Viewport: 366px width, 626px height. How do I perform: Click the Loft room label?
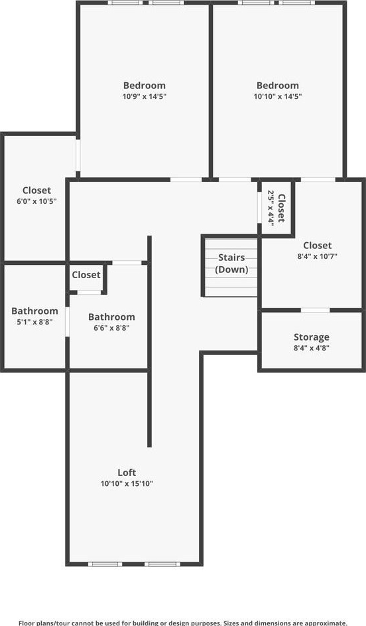127,473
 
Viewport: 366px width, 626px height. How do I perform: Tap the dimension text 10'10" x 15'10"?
127,484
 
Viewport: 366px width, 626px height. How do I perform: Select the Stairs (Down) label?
231,264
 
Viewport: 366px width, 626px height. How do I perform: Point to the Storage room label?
312,337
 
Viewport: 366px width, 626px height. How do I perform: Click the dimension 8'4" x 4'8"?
312,348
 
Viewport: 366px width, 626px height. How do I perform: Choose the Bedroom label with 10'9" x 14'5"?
145,86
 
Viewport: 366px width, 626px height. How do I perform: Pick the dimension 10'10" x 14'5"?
278,96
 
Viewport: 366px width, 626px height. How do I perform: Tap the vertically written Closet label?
282,208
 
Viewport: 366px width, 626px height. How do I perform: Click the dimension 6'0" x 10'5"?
36,201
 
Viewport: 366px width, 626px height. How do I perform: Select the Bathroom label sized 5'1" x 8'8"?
34,311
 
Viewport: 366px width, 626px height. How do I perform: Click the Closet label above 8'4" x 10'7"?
318,245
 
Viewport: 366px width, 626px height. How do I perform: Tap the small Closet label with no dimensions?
86,275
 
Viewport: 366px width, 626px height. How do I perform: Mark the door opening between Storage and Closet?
316,310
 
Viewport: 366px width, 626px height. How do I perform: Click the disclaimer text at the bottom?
183,623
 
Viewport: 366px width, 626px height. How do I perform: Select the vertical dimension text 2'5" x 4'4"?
271,208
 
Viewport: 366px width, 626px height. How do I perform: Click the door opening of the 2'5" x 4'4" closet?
259,208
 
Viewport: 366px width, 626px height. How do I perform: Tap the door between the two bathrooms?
68,322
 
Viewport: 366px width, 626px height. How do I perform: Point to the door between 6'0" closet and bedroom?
78,155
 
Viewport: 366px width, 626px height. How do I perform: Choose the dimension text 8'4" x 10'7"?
318,256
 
